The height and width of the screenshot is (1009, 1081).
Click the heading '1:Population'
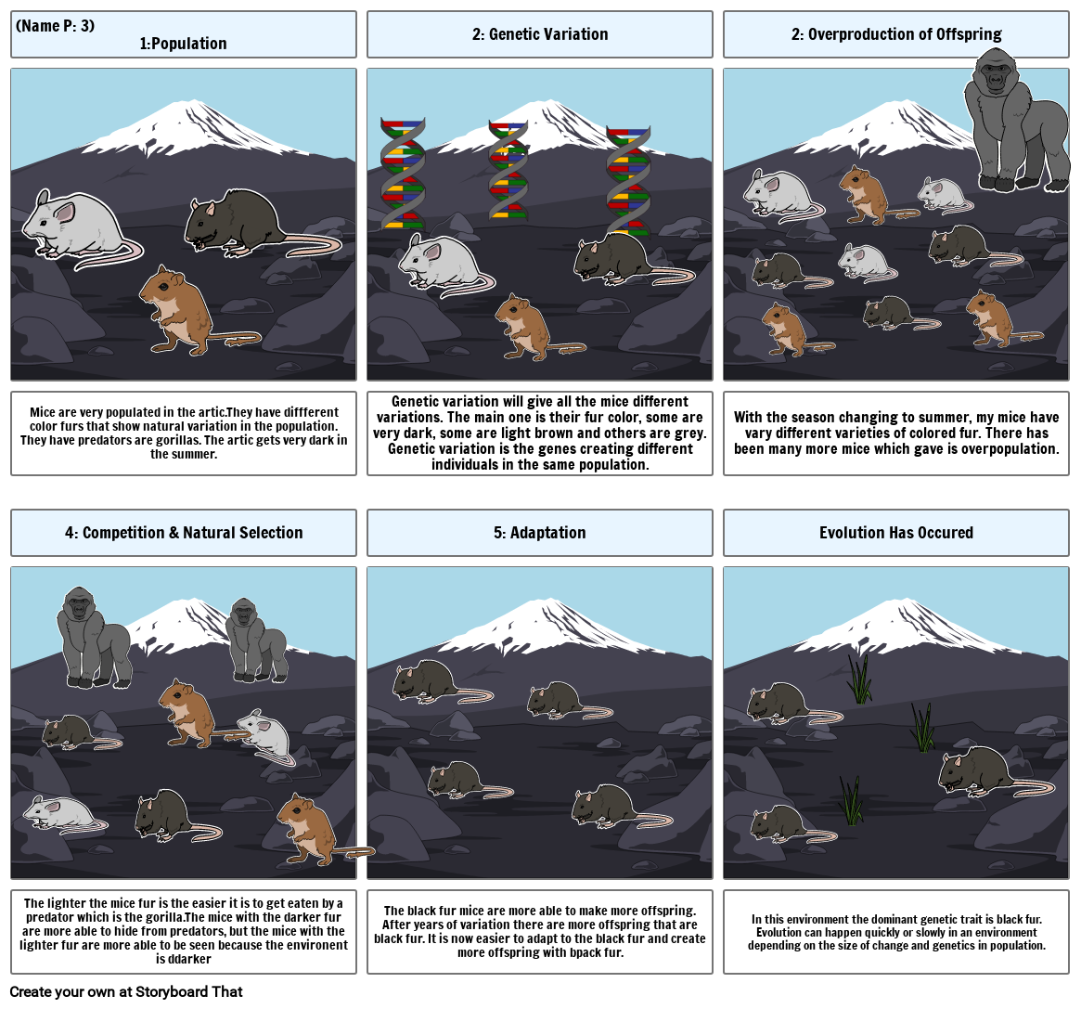click(x=183, y=44)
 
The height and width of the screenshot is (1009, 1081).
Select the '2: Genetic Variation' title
click(x=539, y=34)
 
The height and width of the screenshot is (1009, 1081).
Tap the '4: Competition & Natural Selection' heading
click(x=184, y=533)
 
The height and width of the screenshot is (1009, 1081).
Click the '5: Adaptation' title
click(x=539, y=533)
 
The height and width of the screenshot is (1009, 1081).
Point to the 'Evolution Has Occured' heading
click(x=895, y=533)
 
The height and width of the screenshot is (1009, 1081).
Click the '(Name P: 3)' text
click(x=55, y=25)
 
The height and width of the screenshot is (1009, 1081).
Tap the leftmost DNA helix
click(x=403, y=174)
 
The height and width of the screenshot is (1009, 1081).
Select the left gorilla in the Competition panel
click(x=94, y=636)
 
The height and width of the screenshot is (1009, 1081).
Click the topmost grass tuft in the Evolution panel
click(x=860, y=679)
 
